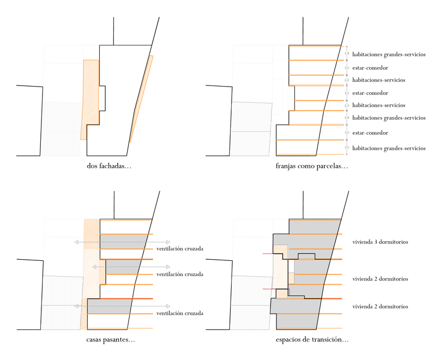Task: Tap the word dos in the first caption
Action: (x=92, y=166)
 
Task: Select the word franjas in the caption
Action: (x=287, y=166)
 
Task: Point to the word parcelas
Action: (x=332, y=166)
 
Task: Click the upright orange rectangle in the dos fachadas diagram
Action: (x=90, y=98)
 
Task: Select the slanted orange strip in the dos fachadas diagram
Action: (x=142, y=98)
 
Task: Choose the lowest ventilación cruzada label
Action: (x=179, y=313)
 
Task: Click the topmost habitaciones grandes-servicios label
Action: (x=389, y=54)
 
